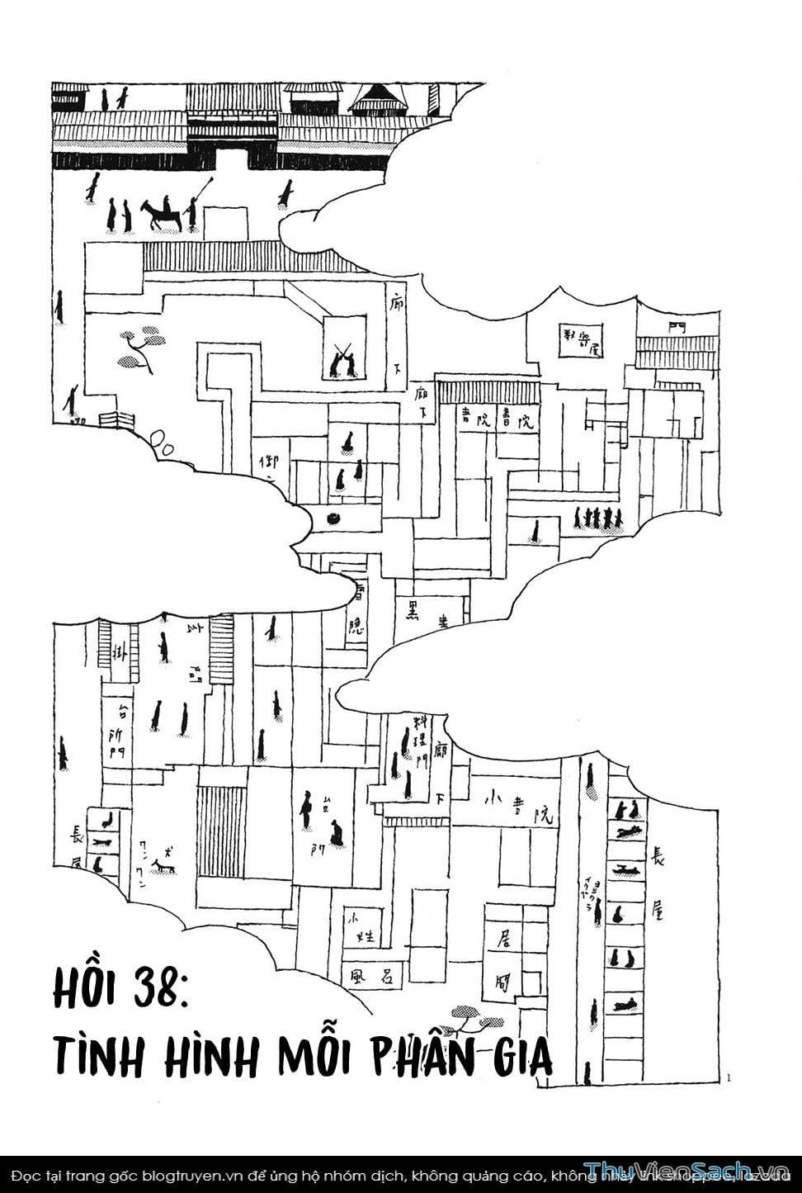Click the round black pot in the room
[335, 518]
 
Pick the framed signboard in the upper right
[582, 340]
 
